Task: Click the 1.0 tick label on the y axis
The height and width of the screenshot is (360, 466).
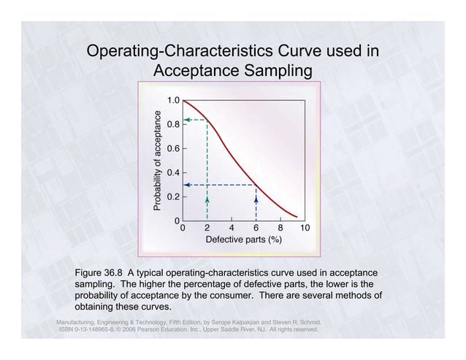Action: pos(173,99)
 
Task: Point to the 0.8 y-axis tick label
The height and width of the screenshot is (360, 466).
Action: pos(173,124)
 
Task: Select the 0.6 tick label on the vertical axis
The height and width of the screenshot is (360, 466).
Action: pos(173,148)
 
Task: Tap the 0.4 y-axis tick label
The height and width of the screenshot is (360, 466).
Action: pos(173,172)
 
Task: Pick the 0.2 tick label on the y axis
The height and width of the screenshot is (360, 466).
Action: pos(173,196)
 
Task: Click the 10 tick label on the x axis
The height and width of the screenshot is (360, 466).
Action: pos(305,228)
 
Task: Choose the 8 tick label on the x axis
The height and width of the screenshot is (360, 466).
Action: pos(280,228)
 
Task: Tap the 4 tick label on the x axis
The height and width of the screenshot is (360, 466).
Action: pos(232,228)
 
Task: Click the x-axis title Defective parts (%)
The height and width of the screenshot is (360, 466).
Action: pos(243,240)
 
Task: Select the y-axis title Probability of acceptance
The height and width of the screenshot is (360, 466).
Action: pos(156,161)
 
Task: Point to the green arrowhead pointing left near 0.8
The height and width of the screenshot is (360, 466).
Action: pos(187,119)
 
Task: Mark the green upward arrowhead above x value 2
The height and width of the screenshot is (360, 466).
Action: pos(207,198)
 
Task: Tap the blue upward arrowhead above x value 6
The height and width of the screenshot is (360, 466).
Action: pos(256,198)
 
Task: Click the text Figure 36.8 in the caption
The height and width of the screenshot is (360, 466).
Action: pos(99,274)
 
